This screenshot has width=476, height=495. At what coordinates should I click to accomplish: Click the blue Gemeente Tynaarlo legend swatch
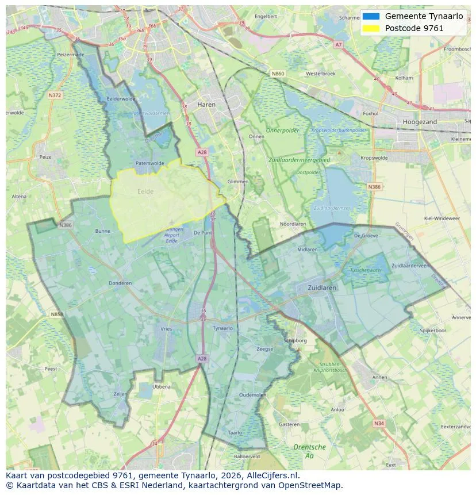(371, 17)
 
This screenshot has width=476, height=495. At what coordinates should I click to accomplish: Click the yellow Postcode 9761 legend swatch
(371, 28)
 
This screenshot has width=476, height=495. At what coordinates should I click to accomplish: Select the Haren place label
(206, 105)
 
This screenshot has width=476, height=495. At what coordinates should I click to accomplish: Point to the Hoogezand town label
(420, 122)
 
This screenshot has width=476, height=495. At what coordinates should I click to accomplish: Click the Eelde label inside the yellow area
(145, 191)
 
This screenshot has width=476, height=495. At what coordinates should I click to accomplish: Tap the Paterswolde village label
(149, 163)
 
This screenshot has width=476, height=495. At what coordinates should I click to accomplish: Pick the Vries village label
(166, 328)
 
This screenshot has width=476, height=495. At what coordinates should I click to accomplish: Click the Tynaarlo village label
(222, 328)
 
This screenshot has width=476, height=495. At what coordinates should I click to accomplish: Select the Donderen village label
(120, 283)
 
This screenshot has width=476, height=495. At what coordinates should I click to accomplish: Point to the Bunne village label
(102, 231)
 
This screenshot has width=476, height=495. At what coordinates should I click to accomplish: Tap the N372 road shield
(55, 95)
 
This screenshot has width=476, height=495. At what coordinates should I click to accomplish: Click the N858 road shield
(56, 314)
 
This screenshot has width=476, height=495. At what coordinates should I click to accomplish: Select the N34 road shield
(378, 424)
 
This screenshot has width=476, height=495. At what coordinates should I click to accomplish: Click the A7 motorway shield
(338, 44)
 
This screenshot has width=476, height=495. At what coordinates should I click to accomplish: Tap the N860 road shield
(278, 74)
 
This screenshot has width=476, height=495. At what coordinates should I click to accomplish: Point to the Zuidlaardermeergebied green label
(298, 159)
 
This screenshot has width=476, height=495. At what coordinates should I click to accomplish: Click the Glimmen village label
(238, 182)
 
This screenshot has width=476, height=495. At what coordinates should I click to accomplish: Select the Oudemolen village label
(252, 395)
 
